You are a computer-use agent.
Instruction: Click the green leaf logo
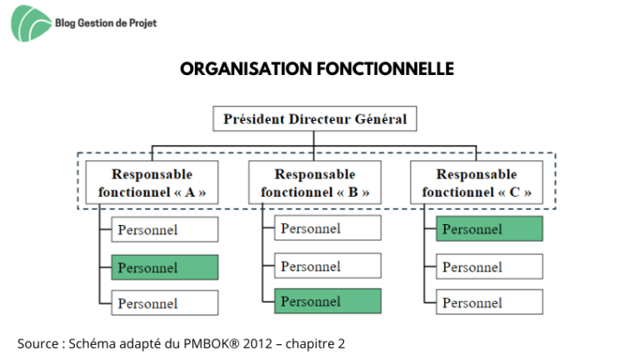(31, 23)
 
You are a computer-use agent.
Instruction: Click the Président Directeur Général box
(315, 119)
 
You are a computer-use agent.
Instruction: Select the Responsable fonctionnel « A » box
(152, 182)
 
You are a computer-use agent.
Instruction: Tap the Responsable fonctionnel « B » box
(315, 182)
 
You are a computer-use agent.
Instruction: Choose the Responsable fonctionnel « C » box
(477, 182)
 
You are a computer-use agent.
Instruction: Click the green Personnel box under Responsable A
(165, 267)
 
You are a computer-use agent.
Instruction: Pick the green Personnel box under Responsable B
(327, 301)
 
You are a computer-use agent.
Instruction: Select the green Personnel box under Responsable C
(489, 229)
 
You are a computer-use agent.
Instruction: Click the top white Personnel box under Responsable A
(165, 229)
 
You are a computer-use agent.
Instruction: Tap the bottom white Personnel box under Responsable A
(165, 302)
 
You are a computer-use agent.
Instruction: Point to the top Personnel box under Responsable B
(327, 228)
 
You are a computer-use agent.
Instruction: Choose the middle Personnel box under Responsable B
(327, 266)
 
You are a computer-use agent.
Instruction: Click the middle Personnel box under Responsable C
(489, 267)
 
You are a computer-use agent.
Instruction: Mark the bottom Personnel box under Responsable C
(489, 302)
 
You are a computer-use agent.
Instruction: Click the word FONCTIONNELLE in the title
(385, 69)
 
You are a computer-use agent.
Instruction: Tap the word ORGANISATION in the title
(246, 69)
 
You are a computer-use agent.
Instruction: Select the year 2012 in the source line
(257, 343)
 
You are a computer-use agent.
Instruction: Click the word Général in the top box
(381, 119)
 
